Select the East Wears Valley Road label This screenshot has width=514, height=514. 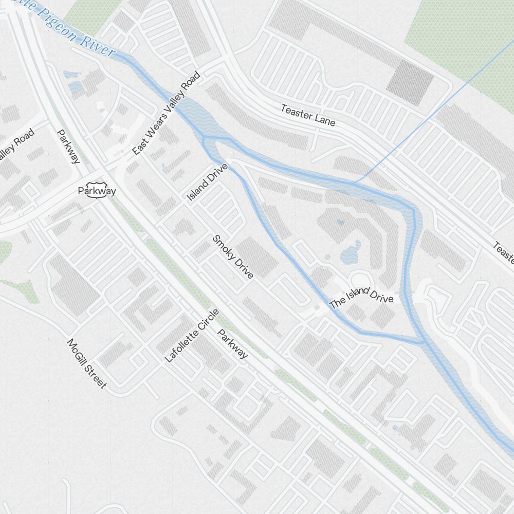[166, 113]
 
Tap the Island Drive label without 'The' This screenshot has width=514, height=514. [207, 183]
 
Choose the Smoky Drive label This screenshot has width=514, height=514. [233, 256]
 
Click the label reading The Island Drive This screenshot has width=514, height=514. [361, 298]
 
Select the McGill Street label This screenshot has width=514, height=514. [87, 363]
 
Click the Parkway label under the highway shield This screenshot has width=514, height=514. [97, 191]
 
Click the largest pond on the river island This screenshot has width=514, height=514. [351, 251]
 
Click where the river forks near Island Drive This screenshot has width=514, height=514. [205, 138]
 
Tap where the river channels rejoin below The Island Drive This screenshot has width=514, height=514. [425, 342]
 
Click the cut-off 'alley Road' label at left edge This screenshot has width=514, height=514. [17, 144]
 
